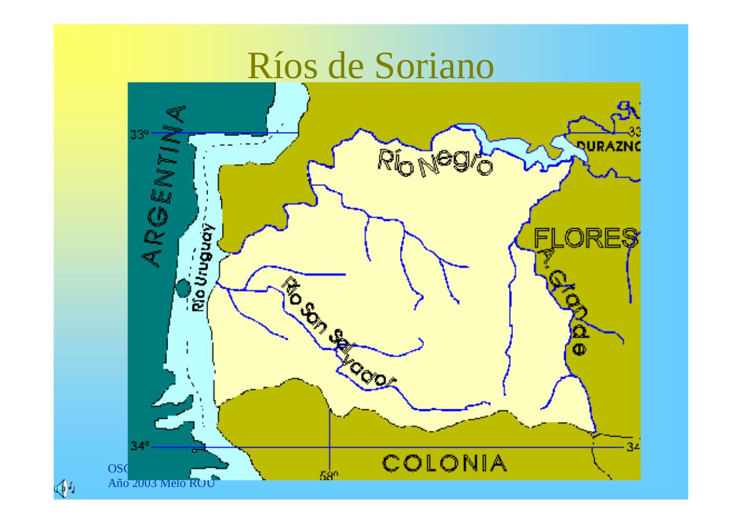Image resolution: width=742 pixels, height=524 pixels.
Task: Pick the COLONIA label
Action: coord(444,463)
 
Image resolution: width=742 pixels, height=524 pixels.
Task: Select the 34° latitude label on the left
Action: coord(139,446)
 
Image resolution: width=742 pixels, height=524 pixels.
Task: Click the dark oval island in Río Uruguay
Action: coord(184,287)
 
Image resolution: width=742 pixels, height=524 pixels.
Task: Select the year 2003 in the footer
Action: coord(143,483)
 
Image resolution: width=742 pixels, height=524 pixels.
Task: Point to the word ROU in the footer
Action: coord(204,483)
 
